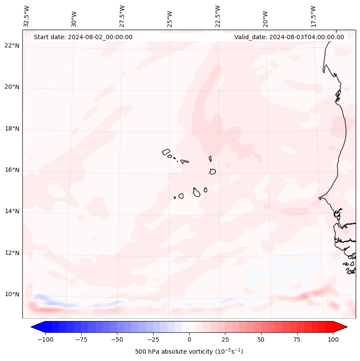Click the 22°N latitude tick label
click(12, 46)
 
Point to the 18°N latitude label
click(12, 129)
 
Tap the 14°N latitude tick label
click(12, 211)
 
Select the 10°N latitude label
click(12, 294)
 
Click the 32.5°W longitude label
click(27, 16)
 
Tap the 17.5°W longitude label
click(313, 16)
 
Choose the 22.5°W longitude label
click(218, 16)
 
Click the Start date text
click(83, 37)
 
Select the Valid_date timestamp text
click(289, 37)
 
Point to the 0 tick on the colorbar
click(189, 339)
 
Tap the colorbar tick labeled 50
click(261, 339)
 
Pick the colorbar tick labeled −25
click(153, 339)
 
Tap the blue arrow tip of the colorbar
click(34, 327)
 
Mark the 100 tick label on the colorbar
click(332, 339)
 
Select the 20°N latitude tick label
click(12, 87)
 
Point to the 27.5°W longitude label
click(122, 16)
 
